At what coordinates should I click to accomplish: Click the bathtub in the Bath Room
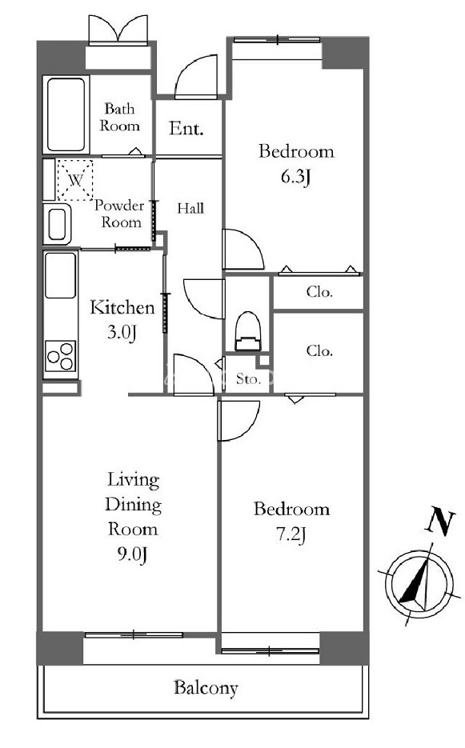coord(66,114)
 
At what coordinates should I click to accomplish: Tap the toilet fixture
coord(248,331)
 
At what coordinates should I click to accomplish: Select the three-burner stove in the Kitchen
coord(61,356)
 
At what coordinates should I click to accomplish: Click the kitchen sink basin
coord(61,275)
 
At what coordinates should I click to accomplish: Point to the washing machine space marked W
coord(75,180)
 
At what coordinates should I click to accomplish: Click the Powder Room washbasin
coord(58,224)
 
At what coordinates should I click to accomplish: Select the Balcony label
coord(206,688)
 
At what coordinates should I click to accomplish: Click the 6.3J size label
coord(296,177)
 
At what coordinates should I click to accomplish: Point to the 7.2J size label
coord(291,534)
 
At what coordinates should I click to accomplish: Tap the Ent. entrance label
coord(186,128)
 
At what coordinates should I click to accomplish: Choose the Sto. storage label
coord(248,379)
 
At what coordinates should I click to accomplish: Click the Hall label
coord(190,208)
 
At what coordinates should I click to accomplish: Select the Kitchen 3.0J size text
coord(122,331)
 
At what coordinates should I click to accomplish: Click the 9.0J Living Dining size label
coord(132,554)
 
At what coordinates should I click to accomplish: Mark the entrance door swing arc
coord(191,66)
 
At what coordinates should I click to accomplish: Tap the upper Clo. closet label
coord(319,291)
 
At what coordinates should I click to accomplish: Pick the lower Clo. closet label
coord(319,350)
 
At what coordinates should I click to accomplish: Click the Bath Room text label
coord(119,118)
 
